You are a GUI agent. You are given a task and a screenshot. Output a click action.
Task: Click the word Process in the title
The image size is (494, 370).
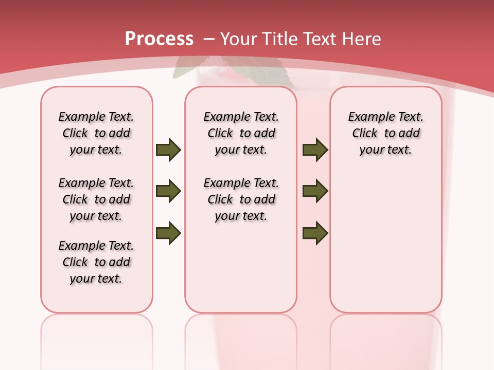[x=159, y=39]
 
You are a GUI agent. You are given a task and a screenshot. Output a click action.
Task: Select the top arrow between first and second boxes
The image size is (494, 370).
[x=168, y=150]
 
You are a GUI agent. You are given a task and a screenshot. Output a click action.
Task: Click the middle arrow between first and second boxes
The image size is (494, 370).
[x=168, y=191]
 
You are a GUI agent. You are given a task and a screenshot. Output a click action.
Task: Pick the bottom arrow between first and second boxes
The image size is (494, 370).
[x=168, y=233]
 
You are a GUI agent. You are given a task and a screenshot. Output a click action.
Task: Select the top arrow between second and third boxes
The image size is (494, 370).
[x=315, y=150]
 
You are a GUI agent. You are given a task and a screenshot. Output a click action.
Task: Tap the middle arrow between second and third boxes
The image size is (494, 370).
[x=315, y=191]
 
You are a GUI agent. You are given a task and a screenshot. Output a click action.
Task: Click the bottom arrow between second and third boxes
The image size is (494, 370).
[x=315, y=233]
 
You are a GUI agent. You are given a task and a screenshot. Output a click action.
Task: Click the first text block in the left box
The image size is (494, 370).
[x=96, y=133]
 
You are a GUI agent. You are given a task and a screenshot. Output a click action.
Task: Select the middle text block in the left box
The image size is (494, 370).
[x=96, y=199]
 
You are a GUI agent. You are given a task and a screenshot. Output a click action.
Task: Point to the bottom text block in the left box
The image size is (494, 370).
[x=96, y=262]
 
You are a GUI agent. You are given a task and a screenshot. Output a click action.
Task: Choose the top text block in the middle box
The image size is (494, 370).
[x=241, y=133]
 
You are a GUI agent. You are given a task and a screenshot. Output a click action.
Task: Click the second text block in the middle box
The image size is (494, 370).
[x=241, y=199]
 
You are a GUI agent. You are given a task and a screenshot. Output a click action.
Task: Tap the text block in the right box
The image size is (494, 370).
[x=385, y=133]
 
